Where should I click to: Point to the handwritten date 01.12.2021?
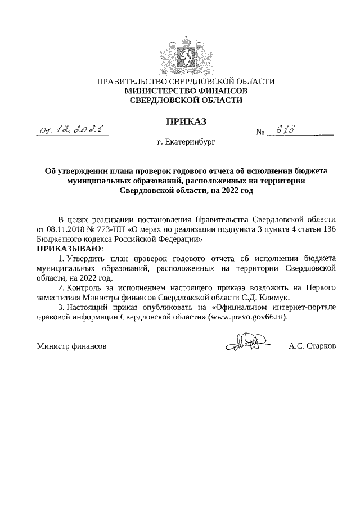click(x=71, y=130)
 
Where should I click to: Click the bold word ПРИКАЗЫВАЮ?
click(x=70, y=249)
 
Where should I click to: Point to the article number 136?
click(x=328, y=229)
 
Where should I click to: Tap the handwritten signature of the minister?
click(x=246, y=344)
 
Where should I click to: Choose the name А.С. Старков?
click(x=312, y=346)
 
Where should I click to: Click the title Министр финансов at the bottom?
click(x=71, y=346)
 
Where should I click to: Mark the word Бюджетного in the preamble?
click(x=59, y=239)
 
